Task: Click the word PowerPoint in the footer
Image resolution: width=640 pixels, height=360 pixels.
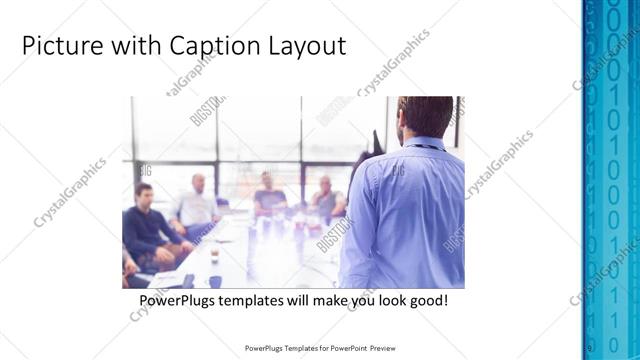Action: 345,348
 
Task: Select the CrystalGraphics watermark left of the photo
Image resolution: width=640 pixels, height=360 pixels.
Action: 70,192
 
